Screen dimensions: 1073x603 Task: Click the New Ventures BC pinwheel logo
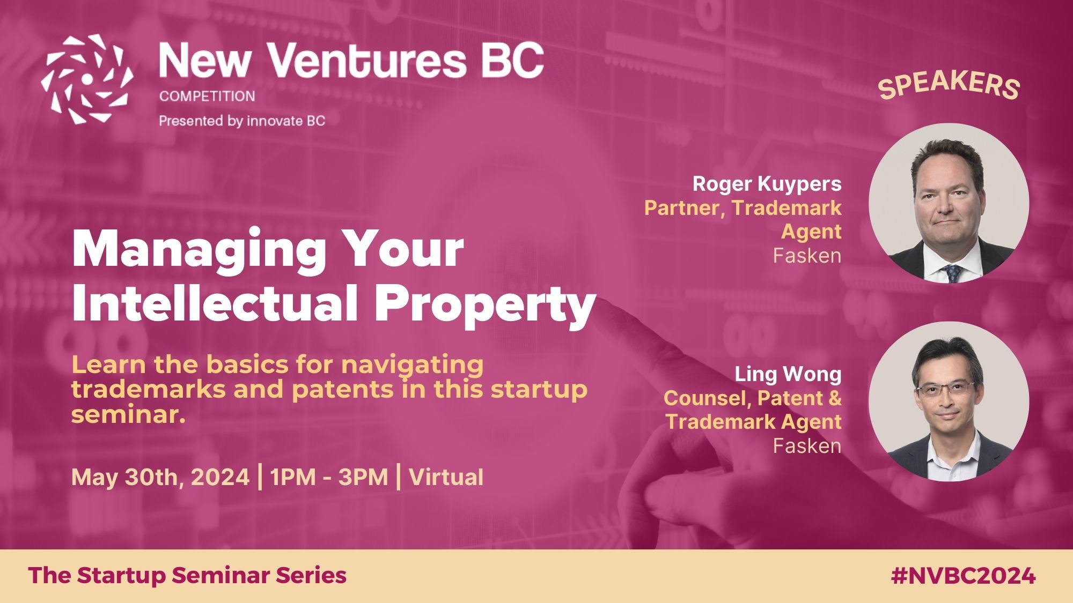87,79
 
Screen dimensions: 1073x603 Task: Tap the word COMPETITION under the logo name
207,96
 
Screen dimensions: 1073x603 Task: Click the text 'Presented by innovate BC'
242,121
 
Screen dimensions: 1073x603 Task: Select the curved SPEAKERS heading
949,86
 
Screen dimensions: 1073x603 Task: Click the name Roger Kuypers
767,184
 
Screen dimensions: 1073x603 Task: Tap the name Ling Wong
788,374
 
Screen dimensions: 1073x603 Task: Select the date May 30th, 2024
160,477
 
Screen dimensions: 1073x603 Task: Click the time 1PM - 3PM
329,477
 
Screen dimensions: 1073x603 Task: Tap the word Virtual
446,477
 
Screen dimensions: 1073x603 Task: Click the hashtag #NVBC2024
963,576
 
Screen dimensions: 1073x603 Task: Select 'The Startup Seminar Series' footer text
187,576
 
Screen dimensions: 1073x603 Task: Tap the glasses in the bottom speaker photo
946,389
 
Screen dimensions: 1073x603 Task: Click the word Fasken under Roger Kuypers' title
807,256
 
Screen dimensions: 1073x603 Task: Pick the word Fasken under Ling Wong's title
807,446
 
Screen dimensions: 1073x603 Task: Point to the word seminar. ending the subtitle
128,414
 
